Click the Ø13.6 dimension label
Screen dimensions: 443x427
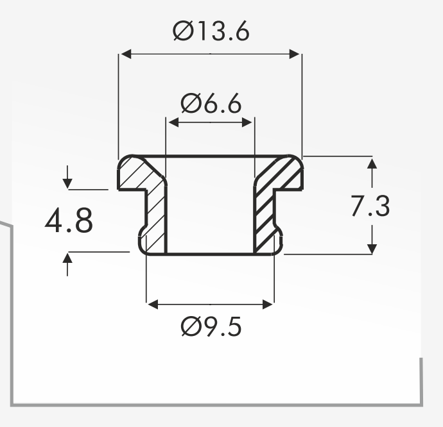[211, 31]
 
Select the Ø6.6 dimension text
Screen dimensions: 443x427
[211, 103]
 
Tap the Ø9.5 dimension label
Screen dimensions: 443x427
[211, 326]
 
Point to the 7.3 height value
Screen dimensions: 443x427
[370, 206]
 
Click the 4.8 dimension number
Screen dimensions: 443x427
[69, 220]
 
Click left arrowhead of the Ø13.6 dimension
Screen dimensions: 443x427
[126, 54]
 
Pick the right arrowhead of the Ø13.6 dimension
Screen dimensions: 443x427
[295, 54]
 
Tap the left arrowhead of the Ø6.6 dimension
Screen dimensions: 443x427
[173, 122]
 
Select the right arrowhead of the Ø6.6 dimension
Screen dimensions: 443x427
[247, 122]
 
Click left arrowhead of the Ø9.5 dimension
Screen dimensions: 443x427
[153, 305]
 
